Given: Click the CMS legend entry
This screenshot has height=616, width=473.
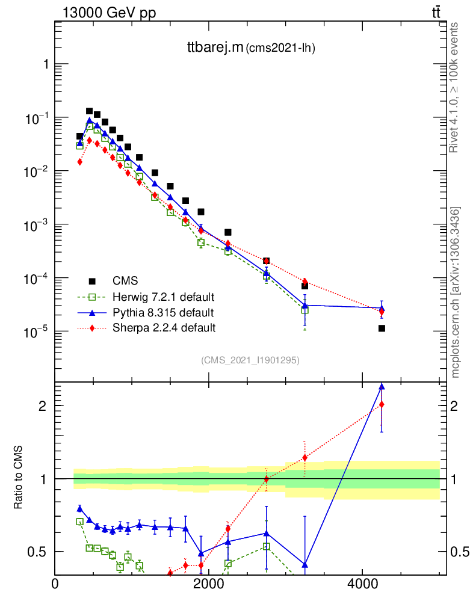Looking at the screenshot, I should click(125, 280).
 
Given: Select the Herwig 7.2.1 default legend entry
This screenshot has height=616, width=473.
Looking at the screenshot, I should click(164, 297).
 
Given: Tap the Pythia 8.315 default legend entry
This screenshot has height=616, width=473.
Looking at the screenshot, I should click(162, 312).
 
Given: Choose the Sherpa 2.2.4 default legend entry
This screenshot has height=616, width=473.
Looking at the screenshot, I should click(164, 328).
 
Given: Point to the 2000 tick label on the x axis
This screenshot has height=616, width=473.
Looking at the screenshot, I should click(208, 584).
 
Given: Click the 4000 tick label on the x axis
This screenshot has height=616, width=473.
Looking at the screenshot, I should click(362, 584).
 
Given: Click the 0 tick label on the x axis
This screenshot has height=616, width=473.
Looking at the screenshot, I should click(55, 584).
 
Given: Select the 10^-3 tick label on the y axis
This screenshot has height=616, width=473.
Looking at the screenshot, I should click(36, 225).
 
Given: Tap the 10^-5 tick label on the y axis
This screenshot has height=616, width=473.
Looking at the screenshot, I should click(36, 332).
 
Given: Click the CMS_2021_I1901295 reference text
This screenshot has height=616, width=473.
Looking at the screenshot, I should click(250, 360).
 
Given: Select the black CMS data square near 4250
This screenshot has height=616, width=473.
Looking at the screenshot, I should click(382, 328).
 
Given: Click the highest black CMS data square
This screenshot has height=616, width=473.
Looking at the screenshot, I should click(89, 111).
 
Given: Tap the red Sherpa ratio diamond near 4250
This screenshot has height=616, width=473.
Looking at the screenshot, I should click(382, 404).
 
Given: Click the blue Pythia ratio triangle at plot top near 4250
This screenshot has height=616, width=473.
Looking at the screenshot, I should click(382, 387).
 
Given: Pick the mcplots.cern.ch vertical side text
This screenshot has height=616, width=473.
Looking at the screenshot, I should click(456, 292).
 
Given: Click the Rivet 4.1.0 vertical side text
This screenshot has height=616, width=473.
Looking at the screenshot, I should click(455, 88).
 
